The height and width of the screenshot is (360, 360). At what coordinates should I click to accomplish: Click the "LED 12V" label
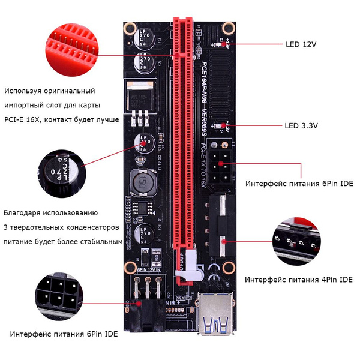(301, 44)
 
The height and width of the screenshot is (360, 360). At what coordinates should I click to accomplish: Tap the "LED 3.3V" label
(301, 126)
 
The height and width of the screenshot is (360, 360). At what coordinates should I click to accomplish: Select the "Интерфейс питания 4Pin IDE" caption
(298, 280)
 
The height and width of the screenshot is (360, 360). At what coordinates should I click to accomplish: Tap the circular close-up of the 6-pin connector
(58, 295)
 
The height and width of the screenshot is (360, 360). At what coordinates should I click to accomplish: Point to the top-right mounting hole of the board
(227, 28)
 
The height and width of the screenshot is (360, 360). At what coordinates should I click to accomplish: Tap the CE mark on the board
(212, 278)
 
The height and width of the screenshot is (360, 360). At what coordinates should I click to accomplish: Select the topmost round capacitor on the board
(146, 40)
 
